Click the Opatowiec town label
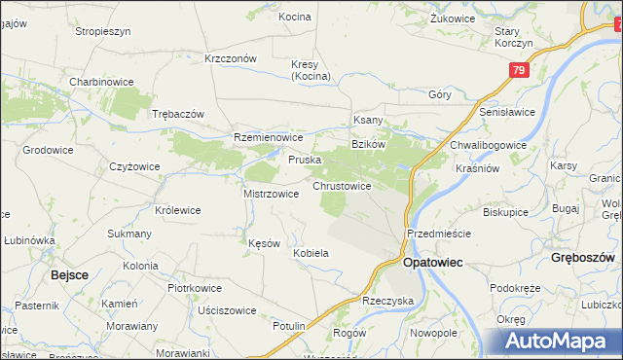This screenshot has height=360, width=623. coord(432,263)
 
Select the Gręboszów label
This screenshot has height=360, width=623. coord(582,259)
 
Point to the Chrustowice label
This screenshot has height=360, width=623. coord(341,185)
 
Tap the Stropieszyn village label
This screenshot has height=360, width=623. coord(103,31)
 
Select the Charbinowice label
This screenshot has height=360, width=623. coord(100,82)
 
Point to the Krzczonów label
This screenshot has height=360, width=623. coord(231,58)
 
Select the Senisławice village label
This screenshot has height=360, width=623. coord(507,113)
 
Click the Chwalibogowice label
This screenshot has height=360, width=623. coord(488,145)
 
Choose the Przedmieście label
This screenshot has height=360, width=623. coord(439,234)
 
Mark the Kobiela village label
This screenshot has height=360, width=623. coord(311,253)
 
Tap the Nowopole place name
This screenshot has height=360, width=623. coord(433,332)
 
